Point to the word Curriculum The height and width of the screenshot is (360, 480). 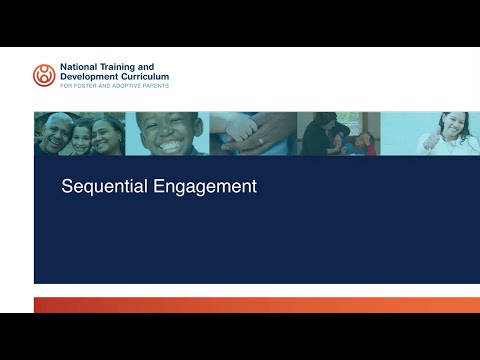tap(145, 77)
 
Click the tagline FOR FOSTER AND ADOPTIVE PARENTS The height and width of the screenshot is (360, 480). tap(114, 86)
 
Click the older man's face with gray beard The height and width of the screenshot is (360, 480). tap(54, 134)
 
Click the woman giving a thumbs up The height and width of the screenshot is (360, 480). tap(440, 133)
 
